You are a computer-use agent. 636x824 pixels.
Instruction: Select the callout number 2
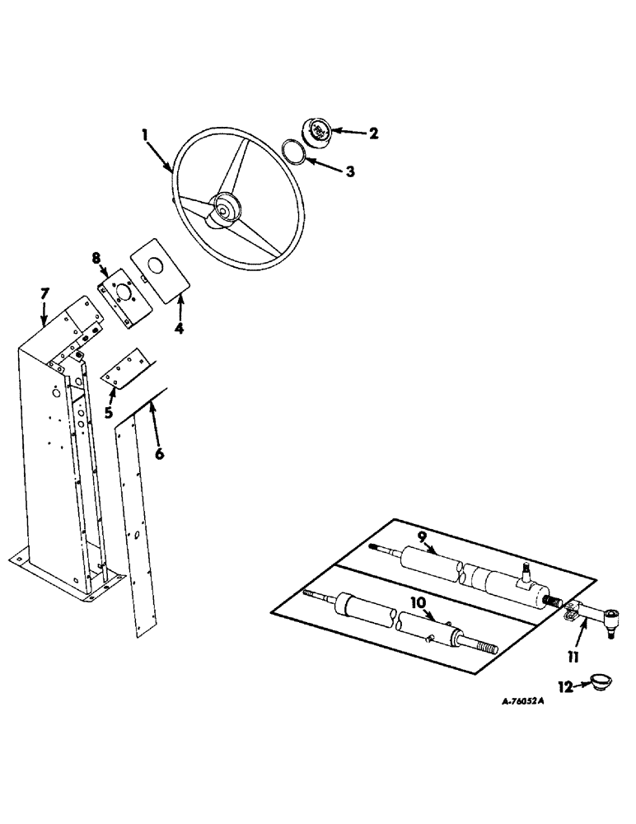tap(373, 133)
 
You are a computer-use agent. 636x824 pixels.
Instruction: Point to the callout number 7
tap(46, 293)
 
